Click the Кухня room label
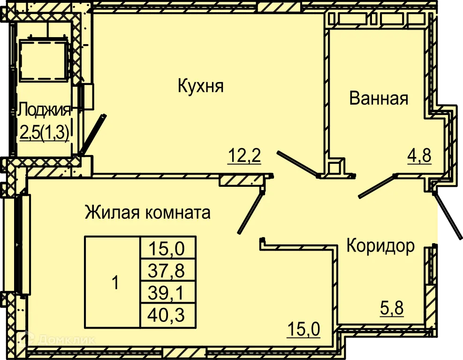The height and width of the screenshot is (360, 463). click(200, 86)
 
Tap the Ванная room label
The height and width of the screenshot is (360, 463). click(379, 99)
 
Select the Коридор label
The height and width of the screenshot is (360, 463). click(380, 245)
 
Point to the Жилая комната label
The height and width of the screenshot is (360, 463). click(147, 213)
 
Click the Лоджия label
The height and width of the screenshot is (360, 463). click(45, 111)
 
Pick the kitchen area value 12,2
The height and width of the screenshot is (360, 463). click(244, 154)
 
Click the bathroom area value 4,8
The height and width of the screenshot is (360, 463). click(418, 154)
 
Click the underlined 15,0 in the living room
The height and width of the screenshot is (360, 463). click(304, 329)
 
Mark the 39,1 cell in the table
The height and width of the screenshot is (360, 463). click(168, 293)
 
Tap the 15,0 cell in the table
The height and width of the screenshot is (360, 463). click(168, 247)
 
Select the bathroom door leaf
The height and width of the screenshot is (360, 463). click(377, 185)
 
